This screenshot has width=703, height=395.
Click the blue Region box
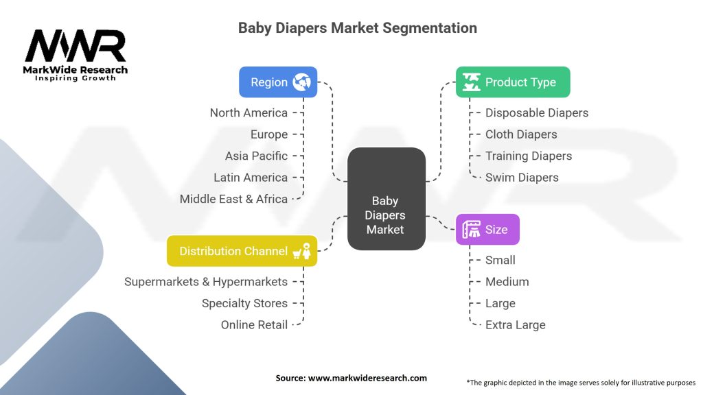(x=278, y=82)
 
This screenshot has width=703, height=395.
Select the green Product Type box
(x=513, y=82)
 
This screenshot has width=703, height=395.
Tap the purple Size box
(x=488, y=229)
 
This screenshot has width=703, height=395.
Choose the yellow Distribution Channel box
(x=242, y=251)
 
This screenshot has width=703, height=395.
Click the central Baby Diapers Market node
(x=387, y=199)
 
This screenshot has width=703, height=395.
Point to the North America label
(x=249, y=113)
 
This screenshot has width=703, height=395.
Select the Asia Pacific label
(x=257, y=156)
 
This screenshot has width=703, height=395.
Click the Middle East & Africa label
(x=233, y=199)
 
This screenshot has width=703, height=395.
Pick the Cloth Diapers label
(x=521, y=134)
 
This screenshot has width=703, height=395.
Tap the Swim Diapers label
(x=522, y=178)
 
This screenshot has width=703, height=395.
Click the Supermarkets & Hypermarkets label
(x=206, y=282)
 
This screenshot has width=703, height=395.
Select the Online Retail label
(x=254, y=324)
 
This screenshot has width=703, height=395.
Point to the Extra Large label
(x=515, y=324)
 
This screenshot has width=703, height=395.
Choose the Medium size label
(x=507, y=282)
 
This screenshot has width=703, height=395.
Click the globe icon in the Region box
(x=302, y=82)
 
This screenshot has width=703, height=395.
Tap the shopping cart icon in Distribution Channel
(x=297, y=254)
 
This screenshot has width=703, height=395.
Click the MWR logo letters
(x=76, y=46)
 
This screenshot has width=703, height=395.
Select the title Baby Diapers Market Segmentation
(x=357, y=27)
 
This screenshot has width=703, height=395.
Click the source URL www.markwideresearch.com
(x=368, y=378)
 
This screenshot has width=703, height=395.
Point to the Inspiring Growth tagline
(x=76, y=78)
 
